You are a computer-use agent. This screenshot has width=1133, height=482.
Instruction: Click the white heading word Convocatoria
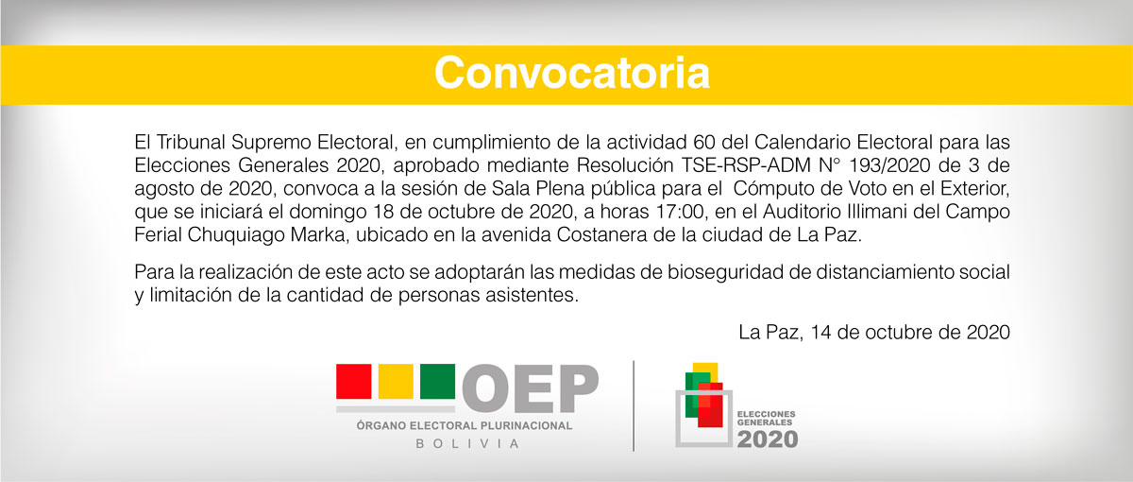[572, 74]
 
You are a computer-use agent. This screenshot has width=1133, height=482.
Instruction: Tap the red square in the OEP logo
[353, 381]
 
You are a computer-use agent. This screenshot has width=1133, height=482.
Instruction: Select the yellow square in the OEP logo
[396, 381]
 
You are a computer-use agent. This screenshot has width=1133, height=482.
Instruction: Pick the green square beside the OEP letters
[437, 381]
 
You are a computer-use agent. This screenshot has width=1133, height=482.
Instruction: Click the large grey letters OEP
[530, 388]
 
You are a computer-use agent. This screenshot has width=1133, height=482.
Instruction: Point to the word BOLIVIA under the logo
[468, 444]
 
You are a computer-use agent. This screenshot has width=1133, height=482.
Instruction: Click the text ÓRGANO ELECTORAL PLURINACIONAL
[465, 426]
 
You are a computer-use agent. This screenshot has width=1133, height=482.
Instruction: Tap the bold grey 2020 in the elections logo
[768, 439]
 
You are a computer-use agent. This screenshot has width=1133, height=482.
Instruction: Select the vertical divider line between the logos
[634, 405]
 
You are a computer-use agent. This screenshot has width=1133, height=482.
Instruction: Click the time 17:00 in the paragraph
[680, 212]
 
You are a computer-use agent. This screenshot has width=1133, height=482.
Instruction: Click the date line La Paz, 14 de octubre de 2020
[874, 332]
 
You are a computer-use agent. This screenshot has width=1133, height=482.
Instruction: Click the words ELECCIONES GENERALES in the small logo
[766, 418]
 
